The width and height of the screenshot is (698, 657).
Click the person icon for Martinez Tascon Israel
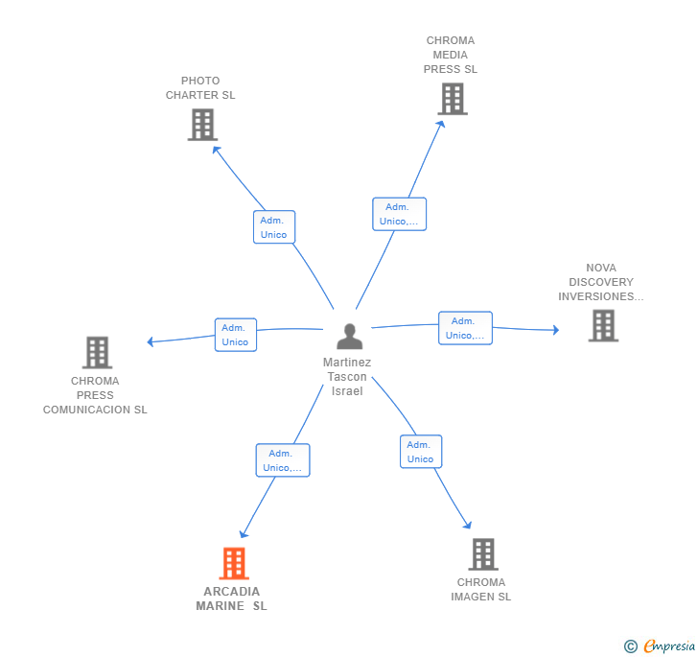click(349, 337)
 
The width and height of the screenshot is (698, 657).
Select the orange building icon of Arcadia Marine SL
click(234, 563)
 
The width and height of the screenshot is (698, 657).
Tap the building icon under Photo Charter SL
click(202, 125)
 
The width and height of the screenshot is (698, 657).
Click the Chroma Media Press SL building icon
click(453, 99)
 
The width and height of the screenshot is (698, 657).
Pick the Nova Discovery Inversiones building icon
click(603, 325)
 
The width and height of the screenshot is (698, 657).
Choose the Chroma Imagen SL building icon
click(483, 554)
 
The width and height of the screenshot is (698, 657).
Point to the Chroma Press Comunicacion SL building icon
click(97, 352)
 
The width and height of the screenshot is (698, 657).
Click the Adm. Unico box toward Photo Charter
click(274, 227)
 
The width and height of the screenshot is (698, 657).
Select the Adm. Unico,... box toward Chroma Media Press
click(399, 214)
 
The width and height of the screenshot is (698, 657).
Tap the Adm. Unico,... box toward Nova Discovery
click(465, 328)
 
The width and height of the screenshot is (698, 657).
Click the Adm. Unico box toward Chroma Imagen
click(421, 452)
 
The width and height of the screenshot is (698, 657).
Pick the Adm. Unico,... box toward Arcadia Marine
click(283, 460)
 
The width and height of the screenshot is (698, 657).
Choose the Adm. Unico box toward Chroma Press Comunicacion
click(236, 335)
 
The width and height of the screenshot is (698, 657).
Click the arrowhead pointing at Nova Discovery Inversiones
click(556, 330)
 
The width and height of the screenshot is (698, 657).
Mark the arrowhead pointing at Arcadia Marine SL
click(244, 533)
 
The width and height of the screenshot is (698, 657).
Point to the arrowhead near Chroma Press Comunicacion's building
click(150, 341)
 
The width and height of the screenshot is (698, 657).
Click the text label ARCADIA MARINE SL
click(231, 598)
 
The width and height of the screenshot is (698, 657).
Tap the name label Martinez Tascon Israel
click(347, 376)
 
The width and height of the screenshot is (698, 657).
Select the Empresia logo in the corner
click(660, 645)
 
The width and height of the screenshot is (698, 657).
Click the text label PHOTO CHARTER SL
click(200, 87)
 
